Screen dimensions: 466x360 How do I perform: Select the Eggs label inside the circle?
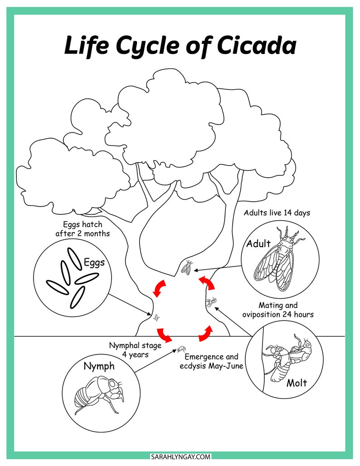click(94, 262)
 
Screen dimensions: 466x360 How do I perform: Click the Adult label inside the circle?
click(258, 244)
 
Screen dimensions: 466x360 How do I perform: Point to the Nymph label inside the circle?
click(99, 367)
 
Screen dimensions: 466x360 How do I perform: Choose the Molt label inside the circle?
click(297, 383)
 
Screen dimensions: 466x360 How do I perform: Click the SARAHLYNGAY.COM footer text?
click(180, 457)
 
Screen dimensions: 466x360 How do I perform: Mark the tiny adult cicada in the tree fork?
click(187, 269)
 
